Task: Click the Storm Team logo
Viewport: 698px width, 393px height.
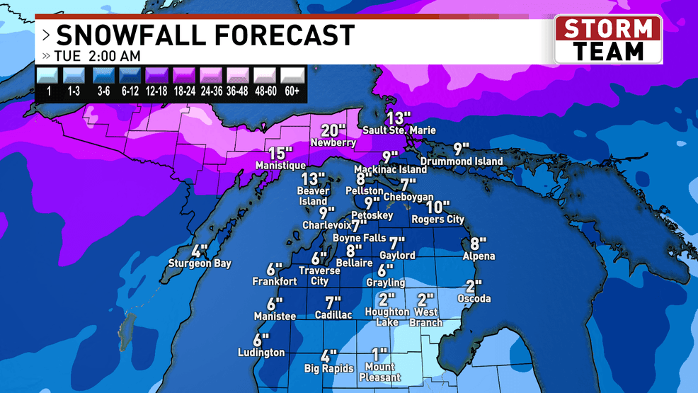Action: pos(608,40)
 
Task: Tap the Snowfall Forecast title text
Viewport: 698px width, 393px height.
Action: pos(205,34)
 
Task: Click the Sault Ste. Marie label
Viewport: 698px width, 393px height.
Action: pos(399,130)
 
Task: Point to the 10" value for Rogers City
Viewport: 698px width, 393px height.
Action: pos(438,207)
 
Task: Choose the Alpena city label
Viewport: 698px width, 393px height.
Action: pos(479,256)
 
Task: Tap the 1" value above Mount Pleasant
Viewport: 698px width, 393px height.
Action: pos(381,353)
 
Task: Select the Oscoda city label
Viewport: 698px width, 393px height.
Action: pos(474,299)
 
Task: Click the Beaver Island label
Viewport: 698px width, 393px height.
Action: pos(312,196)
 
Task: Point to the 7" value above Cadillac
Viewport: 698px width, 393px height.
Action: pos(333,302)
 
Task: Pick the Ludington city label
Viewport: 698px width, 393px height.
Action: pos(261,353)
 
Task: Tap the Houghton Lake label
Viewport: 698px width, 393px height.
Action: pos(387,317)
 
